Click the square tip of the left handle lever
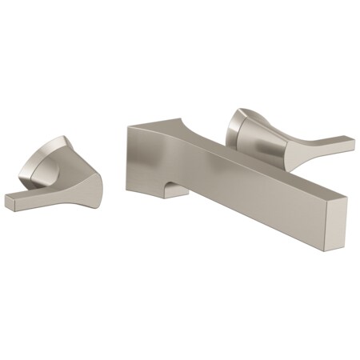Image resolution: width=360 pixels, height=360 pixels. pyautogui.click(x=10, y=201)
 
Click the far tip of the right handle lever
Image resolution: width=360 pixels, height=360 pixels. pyautogui.click(x=350, y=145)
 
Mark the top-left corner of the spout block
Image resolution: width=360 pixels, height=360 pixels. pyautogui.click(x=127, y=126)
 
